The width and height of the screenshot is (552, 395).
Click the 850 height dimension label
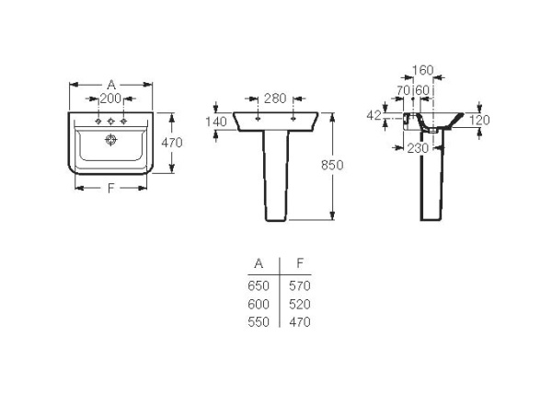[x=332, y=165]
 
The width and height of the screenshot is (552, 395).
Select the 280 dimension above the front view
[x=275, y=99]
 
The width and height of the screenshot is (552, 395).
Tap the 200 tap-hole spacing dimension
[x=110, y=99]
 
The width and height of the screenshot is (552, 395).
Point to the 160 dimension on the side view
[x=422, y=70]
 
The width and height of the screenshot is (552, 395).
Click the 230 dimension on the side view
[x=418, y=148]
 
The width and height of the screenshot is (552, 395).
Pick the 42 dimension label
[x=374, y=115]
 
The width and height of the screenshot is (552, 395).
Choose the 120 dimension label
[x=479, y=120]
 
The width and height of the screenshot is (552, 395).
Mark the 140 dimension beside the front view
[x=216, y=122]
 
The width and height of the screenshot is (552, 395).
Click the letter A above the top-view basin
[x=111, y=85]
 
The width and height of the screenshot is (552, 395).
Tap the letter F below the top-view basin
[x=111, y=188]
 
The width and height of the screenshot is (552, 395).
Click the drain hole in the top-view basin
[x=111, y=140]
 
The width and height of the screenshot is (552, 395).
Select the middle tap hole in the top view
[x=111, y=122]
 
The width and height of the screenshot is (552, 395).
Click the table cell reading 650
[x=259, y=285]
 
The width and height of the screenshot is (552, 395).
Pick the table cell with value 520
[x=300, y=304]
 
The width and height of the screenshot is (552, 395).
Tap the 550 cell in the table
[x=259, y=321]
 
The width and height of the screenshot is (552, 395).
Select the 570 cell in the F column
[x=300, y=285]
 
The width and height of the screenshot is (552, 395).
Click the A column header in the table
[x=259, y=263]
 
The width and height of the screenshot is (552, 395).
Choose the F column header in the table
[x=300, y=262]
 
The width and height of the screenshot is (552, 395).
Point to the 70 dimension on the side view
[x=404, y=90]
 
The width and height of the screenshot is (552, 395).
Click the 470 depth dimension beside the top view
[x=172, y=143]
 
